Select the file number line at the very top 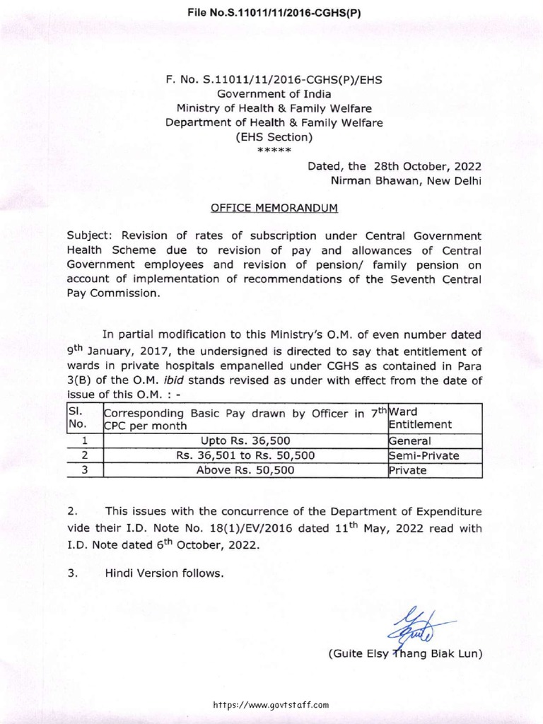(x=271, y=12)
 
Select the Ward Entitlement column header (x=420, y=417)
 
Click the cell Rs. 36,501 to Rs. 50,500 (x=245, y=455)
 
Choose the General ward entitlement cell (x=410, y=440)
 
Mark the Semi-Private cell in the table (x=424, y=455)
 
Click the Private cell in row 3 (x=408, y=469)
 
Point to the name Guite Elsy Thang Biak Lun (x=405, y=654)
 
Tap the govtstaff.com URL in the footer (x=271, y=704)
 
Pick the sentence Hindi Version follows (x=164, y=573)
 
